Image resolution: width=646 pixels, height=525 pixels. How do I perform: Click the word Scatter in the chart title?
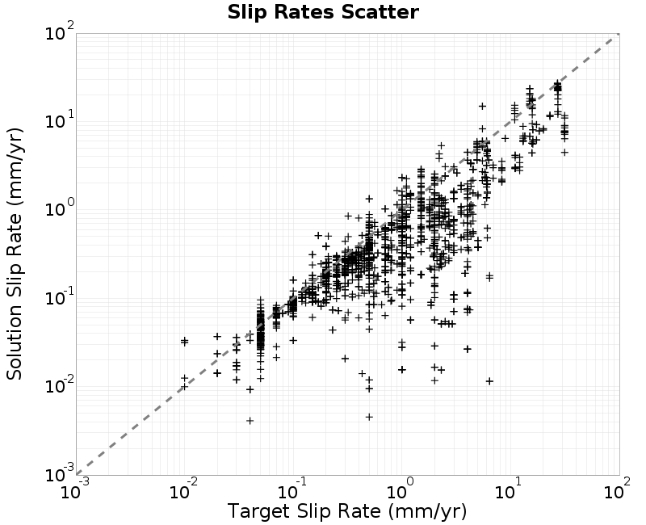(x=380, y=12)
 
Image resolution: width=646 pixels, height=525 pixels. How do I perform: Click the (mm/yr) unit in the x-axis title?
(x=427, y=511)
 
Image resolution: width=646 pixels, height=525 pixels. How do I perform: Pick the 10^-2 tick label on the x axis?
(x=184, y=489)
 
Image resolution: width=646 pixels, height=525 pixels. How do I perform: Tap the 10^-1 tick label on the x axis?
(x=293, y=489)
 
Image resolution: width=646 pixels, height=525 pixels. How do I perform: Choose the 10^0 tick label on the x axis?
(x=402, y=489)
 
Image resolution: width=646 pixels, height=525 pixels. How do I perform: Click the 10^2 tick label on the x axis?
(x=618, y=489)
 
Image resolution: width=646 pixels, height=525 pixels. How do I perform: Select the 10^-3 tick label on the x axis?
(x=75, y=489)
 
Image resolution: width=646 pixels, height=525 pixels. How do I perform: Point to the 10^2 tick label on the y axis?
(x=60, y=31)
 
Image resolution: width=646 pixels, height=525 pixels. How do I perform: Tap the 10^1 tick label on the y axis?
(x=60, y=120)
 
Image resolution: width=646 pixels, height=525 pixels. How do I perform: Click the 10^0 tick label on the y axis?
(x=60, y=208)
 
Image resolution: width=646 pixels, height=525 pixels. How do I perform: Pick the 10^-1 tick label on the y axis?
(x=60, y=296)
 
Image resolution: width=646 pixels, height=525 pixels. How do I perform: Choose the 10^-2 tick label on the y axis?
(x=60, y=385)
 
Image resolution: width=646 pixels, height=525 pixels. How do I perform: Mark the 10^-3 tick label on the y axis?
(x=60, y=473)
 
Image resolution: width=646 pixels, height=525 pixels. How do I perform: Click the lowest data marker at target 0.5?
(x=369, y=417)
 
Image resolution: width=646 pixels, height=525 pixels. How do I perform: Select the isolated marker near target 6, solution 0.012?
(x=489, y=381)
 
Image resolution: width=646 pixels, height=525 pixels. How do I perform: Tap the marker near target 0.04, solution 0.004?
(x=250, y=420)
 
